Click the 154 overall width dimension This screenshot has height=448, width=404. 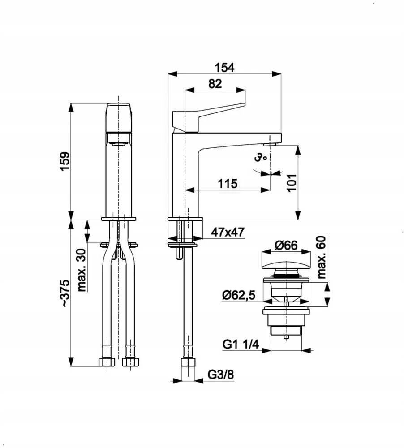[224, 68]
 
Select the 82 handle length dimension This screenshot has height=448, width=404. [215, 84]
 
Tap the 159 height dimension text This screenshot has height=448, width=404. [65, 161]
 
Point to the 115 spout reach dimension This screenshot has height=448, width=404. [228, 183]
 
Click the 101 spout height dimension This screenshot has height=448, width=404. [292, 183]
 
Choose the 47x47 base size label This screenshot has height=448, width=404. [228, 232]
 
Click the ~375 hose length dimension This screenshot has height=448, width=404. [65, 293]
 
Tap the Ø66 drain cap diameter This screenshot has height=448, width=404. [286, 245]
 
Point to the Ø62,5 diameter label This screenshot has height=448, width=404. [239, 295]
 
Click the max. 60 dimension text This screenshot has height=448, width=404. [321, 257]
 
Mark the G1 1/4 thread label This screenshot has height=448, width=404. [241, 344]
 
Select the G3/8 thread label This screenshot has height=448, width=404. [220, 374]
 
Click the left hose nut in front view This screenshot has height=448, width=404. [107, 362]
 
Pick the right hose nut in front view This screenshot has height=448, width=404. [131, 362]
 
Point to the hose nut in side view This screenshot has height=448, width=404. [188, 362]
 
